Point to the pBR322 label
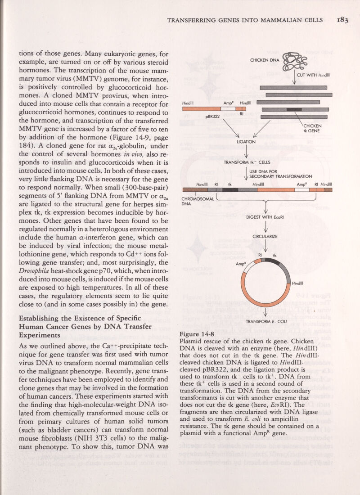(x=215, y=116)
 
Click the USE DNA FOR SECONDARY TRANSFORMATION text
(x=281, y=174)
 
